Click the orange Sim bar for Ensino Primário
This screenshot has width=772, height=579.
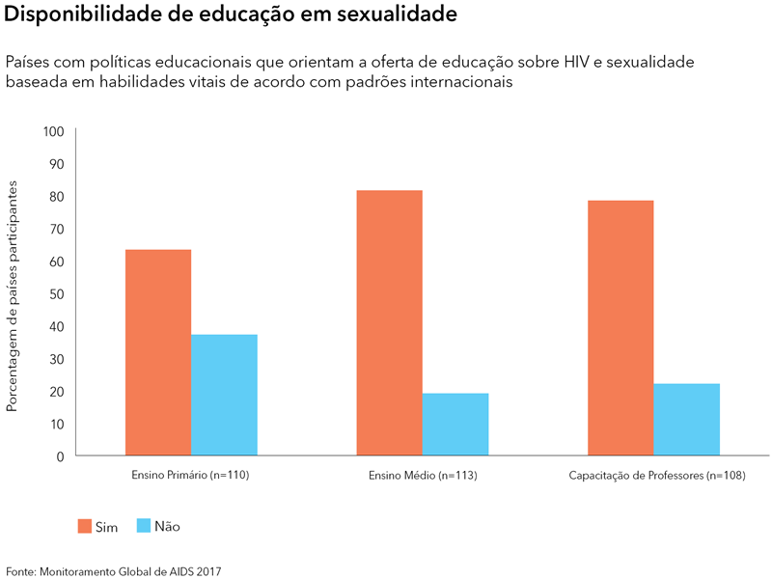coord(158,352)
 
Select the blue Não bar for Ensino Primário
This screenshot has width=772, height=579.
coord(224,395)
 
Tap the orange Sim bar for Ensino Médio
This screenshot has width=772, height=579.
coord(389,322)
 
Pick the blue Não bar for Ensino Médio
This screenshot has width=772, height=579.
coord(455,424)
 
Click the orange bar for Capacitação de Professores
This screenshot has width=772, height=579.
coord(620,327)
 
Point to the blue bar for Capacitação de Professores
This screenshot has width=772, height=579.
coord(687,419)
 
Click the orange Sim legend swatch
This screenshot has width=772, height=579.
coord(85,526)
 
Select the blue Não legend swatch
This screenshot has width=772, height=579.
coord(144,526)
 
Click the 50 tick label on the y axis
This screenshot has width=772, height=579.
coord(56,293)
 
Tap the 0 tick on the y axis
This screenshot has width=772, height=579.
coord(60,455)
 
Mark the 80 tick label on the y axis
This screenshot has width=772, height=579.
coord(56,196)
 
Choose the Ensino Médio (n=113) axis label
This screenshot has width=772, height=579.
coord(423,477)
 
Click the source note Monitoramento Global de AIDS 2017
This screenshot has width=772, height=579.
coord(131,571)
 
